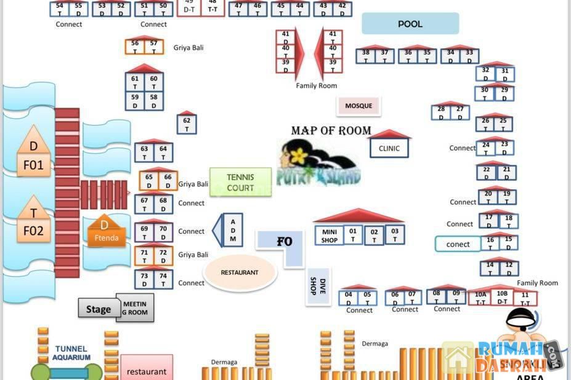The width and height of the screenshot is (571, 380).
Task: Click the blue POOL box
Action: (410, 24)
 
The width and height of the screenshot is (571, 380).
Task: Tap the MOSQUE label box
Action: (358, 106)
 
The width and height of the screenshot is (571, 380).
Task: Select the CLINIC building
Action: (389, 148)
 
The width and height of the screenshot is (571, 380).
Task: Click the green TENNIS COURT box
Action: (240, 182)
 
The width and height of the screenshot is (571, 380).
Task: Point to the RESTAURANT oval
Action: (240, 272)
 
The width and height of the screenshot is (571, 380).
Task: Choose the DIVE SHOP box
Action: (318, 286)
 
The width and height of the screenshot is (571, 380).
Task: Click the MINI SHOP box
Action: (330, 236)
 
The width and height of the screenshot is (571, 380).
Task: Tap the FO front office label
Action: (283, 242)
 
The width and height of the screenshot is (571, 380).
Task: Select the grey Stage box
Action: (98, 309)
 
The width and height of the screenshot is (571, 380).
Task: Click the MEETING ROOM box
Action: (135, 308)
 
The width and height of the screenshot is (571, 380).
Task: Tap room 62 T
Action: (187, 124)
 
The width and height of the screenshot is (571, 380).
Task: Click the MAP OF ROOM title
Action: (331, 130)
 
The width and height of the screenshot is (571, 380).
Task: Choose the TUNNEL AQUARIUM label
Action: (71, 353)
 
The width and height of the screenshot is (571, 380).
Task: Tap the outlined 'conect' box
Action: (458, 244)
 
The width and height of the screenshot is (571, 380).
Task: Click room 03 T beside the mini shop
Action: (395, 235)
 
